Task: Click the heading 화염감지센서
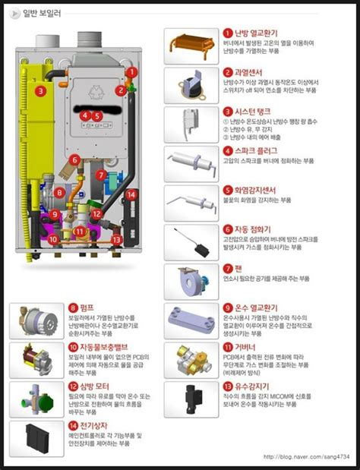pyautogui.click(x=255, y=190)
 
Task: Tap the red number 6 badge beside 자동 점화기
pyautogui.click(x=227, y=229)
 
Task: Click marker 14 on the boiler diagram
pyautogui.click(x=131, y=195)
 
